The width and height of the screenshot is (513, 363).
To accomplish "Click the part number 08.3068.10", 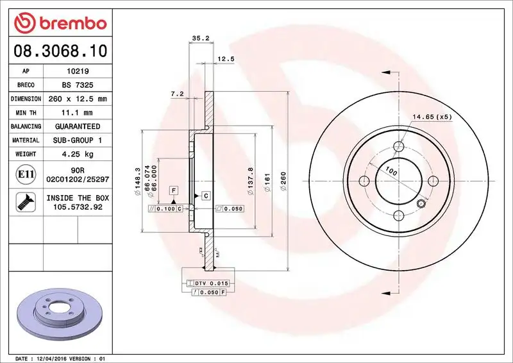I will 57,51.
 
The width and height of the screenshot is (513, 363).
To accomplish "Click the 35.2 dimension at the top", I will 201,38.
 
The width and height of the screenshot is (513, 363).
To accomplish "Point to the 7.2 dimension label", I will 178,94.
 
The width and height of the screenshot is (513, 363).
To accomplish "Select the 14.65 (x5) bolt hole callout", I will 433,117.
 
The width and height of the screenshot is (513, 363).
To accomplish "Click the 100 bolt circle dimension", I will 390,171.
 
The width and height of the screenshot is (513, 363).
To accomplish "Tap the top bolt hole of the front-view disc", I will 398,147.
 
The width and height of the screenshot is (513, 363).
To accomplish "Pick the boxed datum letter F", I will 174,190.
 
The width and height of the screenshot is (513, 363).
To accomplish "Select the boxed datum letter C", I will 206,195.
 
